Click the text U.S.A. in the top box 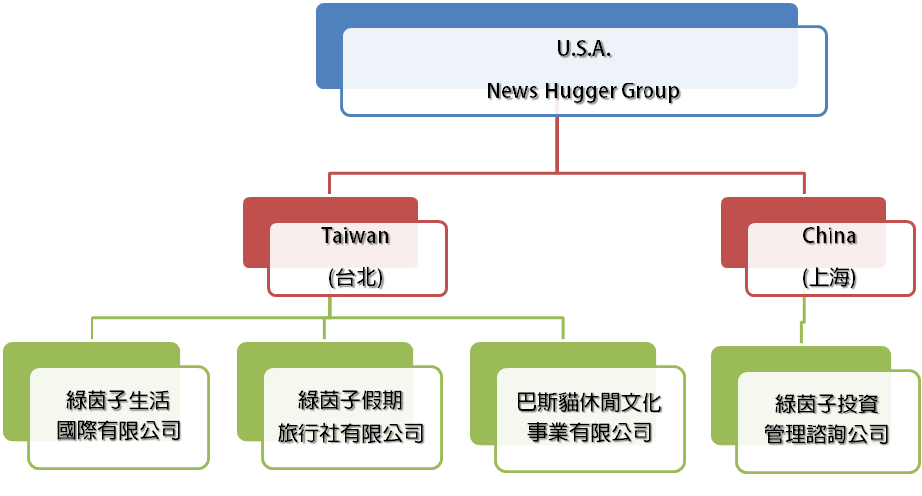tap(584, 48)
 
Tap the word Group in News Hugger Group tap(650, 92)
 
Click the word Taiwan tap(355, 236)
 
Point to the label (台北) tap(356, 279)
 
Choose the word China tap(829, 236)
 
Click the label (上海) tap(829, 279)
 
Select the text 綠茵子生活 tap(118, 402)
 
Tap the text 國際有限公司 tap(118, 432)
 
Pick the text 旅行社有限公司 tap(351, 432)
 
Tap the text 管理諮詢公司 tap(827, 434)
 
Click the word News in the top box tap(512, 92)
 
